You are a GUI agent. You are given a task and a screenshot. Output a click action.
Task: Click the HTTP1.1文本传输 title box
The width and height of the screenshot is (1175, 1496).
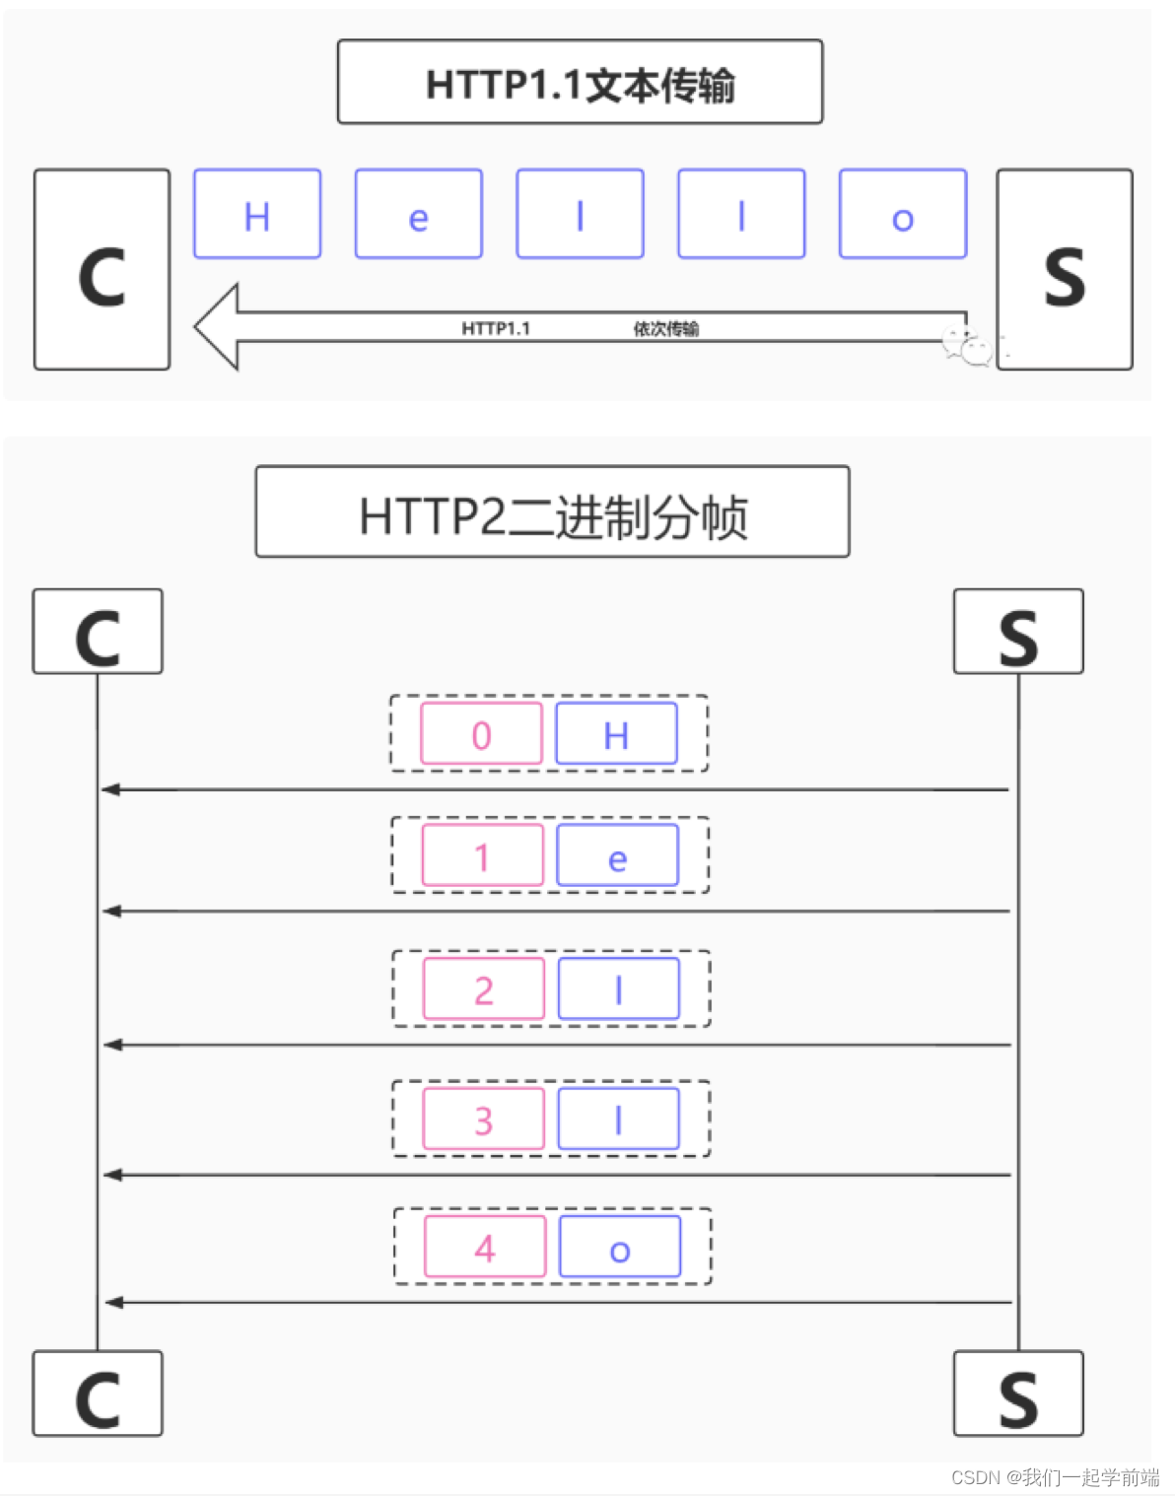(x=580, y=82)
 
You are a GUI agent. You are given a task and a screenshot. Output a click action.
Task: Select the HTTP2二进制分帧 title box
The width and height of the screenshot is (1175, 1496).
(x=552, y=511)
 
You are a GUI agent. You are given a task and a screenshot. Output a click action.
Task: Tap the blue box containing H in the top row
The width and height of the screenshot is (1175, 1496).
(x=257, y=214)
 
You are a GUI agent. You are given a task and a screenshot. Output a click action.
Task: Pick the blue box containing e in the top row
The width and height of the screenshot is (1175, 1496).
(x=419, y=214)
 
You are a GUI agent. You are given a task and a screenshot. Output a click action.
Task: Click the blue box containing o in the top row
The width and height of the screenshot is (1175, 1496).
(x=903, y=214)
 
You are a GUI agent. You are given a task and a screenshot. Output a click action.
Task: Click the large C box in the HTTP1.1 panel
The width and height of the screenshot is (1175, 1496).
(x=102, y=269)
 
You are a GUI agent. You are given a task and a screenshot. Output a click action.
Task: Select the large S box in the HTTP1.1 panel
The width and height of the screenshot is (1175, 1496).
(x=1065, y=269)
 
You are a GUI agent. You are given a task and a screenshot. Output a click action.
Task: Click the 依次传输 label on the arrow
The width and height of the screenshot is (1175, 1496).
(x=665, y=328)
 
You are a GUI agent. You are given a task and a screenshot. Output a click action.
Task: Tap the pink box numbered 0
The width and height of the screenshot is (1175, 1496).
(x=481, y=733)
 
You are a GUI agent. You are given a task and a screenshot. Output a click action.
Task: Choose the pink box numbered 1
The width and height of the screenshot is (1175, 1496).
(x=482, y=855)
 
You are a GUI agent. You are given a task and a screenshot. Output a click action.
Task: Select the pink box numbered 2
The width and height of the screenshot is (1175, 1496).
(x=483, y=988)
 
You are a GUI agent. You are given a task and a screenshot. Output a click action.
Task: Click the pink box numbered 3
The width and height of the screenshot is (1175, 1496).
(x=483, y=1119)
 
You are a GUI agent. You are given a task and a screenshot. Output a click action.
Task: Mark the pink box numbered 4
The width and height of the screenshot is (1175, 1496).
(x=484, y=1247)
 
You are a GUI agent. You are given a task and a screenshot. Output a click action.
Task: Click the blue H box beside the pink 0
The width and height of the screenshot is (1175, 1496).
(x=616, y=733)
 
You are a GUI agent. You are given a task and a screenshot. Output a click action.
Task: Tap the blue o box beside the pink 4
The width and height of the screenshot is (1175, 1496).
(x=619, y=1247)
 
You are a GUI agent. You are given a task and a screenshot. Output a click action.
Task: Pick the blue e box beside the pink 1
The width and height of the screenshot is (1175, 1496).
(x=617, y=855)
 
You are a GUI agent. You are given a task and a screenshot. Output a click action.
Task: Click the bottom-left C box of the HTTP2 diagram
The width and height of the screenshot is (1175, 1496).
(x=98, y=1394)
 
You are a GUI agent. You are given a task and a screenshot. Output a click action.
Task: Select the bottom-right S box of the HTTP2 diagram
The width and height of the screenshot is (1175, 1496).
(x=1018, y=1394)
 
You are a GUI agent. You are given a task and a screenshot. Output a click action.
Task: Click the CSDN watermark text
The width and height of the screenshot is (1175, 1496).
(x=1054, y=1476)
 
